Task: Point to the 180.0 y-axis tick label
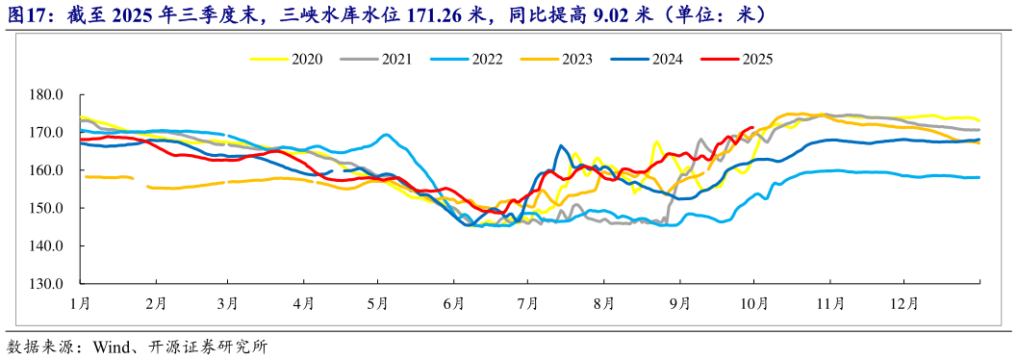pyautogui.click(x=47, y=95)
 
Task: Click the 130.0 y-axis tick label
pyautogui.click(x=47, y=284)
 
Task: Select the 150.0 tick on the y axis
pyautogui.click(x=47, y=208)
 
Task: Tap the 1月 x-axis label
pyautogui.click(x=80, y=303)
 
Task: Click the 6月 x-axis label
pyautogui.click(x=453, y=303)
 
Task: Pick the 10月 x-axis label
pyautogui.click(x=753, y=303)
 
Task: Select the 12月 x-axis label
pyautogui.click(x=904, y=303)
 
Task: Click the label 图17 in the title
pyautogui.click(x=25, y=14)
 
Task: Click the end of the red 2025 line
pyautogui.click(x=752, y=127)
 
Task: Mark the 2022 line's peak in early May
pyautogui.click(x=385, y=135)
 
